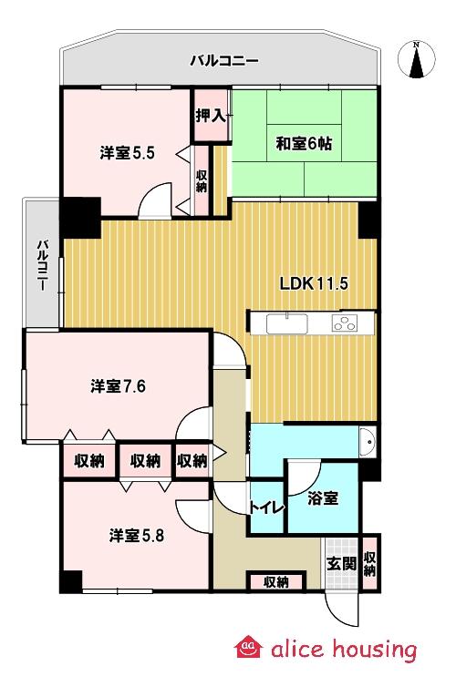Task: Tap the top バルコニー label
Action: tap(224, 61)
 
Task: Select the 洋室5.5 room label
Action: tap(127, 153)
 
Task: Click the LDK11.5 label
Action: tap(314, 282)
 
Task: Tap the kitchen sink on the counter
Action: tap(287, 322)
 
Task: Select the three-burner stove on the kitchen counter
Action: tap(346, 323)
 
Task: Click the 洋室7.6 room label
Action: tap(119, 386)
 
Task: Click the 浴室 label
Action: tap(323, 499)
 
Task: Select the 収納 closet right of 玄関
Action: tap(369, 563)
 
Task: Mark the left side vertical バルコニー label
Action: tap(42, 265)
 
